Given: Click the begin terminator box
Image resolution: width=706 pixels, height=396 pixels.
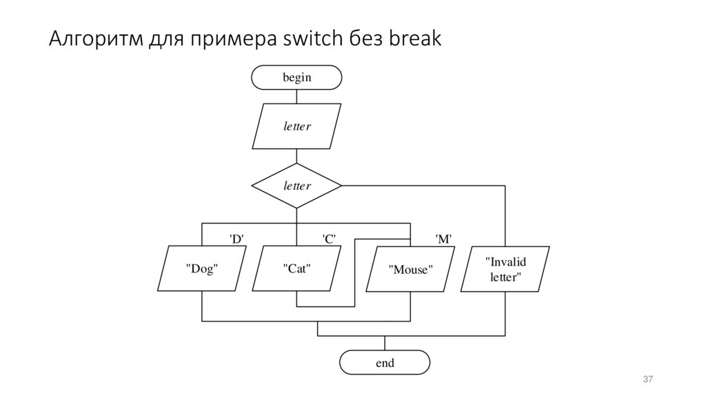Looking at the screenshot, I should click(296, 77).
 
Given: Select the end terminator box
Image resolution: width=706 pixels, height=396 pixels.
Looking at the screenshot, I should click(385, 362).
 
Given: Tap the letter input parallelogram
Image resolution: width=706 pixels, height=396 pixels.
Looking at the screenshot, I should click(296, 126).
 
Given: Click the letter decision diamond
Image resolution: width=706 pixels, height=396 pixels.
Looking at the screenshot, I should click(296, 186).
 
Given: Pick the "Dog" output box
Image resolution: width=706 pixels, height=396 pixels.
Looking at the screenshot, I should click(202, 268).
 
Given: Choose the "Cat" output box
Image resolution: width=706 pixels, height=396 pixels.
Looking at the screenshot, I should click(296, 268).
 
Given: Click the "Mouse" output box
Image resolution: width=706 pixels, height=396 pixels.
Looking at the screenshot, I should click(410, 269).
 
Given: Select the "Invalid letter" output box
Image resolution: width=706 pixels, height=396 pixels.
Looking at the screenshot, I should click(505, 269).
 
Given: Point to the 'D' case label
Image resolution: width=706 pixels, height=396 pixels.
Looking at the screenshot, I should click(236, 239).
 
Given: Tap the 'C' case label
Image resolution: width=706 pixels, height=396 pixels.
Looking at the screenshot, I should click(329, 239).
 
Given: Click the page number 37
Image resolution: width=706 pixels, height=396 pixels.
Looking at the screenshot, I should click(647, 379).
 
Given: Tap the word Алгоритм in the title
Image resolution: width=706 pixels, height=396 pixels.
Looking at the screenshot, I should click(95, 40).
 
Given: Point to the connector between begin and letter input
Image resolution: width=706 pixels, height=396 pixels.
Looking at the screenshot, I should click(296, 97).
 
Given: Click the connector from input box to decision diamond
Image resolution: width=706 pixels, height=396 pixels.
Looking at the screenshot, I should click(296, 157).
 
